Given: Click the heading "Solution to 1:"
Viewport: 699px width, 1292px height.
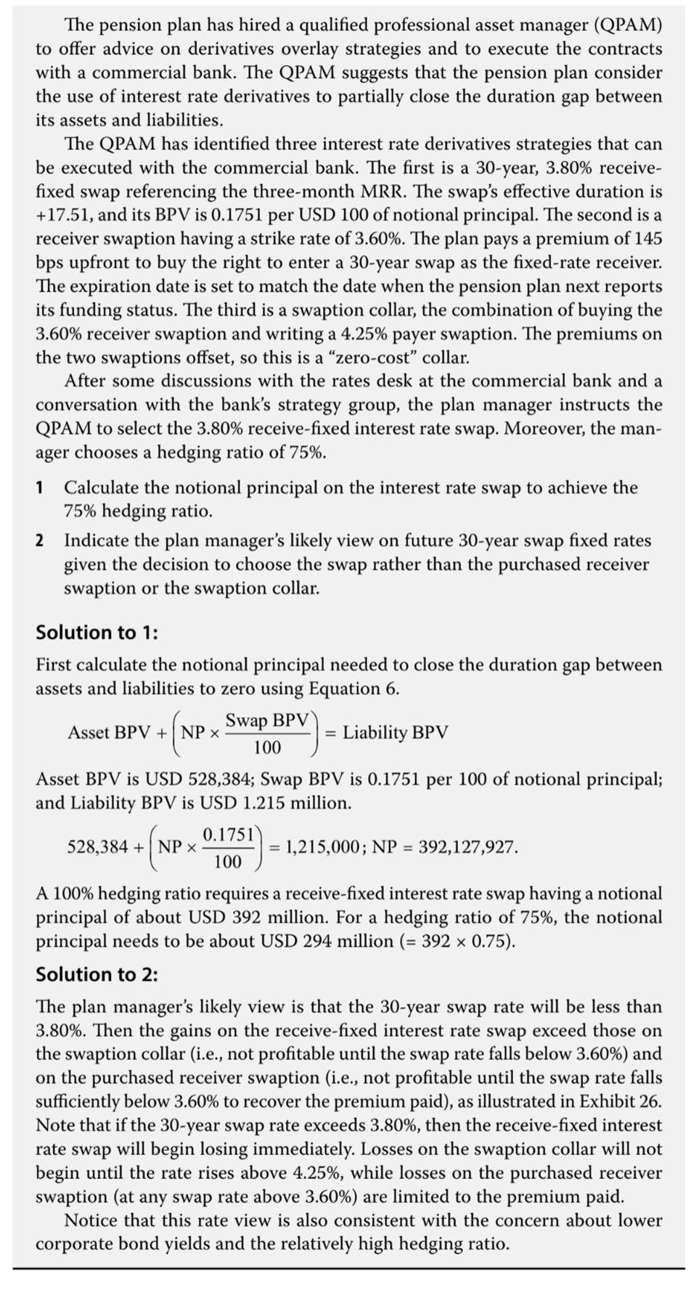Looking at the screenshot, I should tap(97, 633).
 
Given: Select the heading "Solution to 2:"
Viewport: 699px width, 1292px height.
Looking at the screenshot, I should tap(97, 974).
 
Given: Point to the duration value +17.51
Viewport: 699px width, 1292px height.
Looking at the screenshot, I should tap(59, 215).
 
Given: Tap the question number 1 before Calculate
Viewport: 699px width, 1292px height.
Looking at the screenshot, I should tap(40, 487).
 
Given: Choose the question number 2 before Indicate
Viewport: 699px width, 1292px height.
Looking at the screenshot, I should tap(40, 540).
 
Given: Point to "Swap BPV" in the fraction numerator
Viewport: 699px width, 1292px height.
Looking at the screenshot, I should tap(267, 720).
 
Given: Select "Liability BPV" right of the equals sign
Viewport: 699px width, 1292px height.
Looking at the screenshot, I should tap(395, 733).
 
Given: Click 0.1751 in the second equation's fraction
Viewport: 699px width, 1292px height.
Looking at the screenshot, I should tap(227, 834).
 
